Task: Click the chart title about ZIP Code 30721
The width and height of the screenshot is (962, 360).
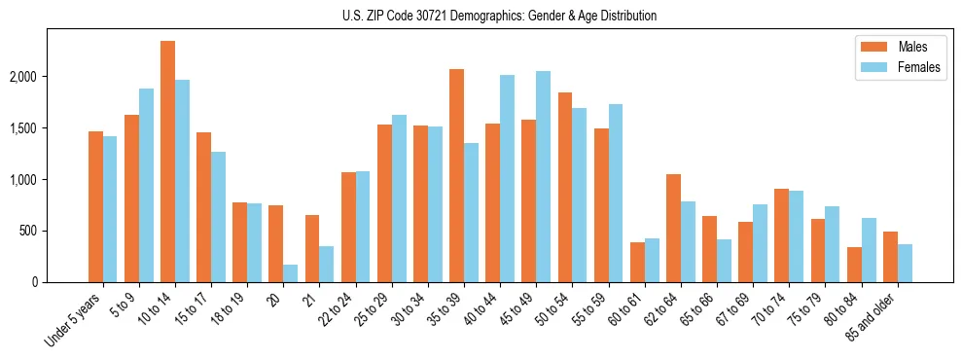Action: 500,16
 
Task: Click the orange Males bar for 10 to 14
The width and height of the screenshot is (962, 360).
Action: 167,162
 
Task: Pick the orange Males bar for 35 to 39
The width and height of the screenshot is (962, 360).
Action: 456,175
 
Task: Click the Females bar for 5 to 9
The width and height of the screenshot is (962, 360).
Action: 146,185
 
